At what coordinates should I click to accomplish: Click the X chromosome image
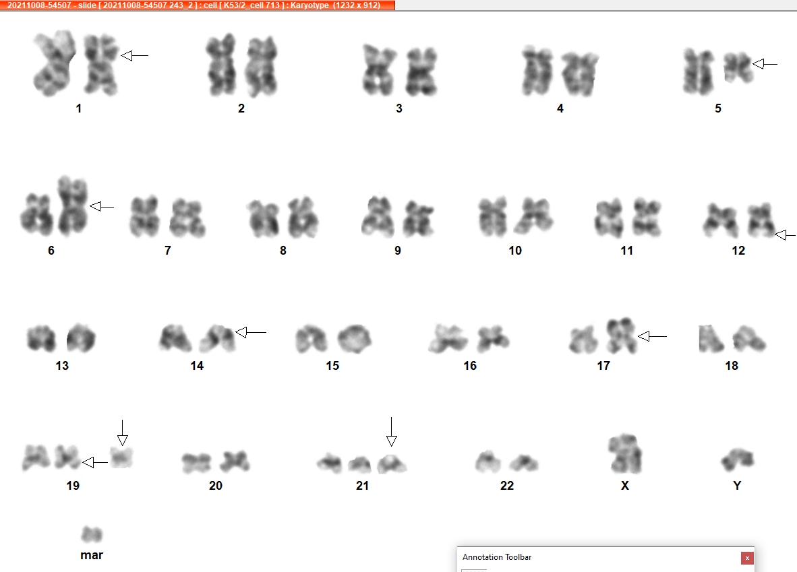coord(624,453)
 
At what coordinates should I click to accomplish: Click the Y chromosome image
coord(738,459)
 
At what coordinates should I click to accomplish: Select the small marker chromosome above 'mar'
coord(92,534)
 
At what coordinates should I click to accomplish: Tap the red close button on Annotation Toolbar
coord(747,558)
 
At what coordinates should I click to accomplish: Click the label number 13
coord(62,366)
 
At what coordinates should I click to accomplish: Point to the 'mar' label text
coord(92,555)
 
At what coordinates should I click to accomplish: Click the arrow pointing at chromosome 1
coord(134,55)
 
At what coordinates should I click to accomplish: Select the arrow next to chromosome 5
coord(765,64)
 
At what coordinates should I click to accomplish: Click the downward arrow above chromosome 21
coord(391,432)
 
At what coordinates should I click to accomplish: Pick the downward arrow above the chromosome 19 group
coord(122,433)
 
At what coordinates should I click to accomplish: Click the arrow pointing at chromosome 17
coord(652,336)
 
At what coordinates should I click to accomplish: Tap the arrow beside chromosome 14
coord(251,332)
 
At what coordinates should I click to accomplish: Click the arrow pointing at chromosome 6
coord(102,206)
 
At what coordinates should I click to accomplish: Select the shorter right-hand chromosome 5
coord(738,67)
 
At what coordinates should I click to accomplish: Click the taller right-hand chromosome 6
coord(73,205)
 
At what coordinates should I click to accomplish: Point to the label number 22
coord(507,486)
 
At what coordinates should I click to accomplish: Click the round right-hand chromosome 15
coord(354,339)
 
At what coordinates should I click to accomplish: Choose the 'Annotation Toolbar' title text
coord(496,557)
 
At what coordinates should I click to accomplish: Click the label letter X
coord(625,486)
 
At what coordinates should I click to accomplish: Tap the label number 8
coord(283,251)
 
